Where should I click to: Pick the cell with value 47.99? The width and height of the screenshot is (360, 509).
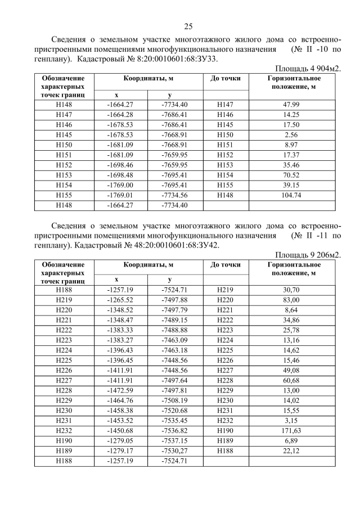292,104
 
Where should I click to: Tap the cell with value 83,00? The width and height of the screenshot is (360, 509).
292,300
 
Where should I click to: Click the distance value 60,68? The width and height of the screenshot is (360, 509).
292,381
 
